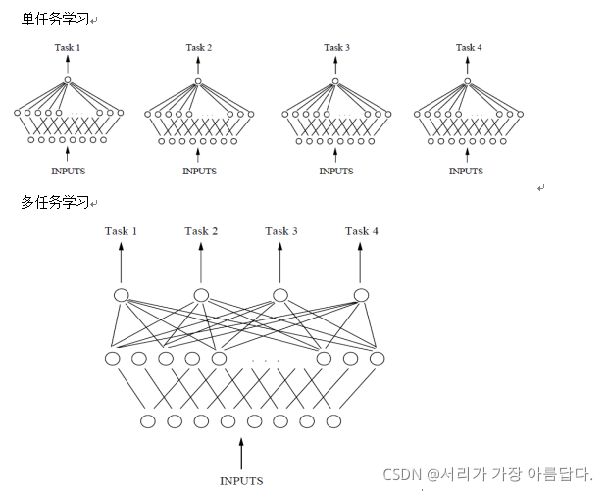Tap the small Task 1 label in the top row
click(68, 47)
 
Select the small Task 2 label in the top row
click(199, 47)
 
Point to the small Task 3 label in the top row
click(336, 47)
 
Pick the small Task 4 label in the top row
click(467, 47)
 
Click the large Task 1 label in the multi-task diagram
click(122, 231)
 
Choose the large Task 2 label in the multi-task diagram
click(201, 231)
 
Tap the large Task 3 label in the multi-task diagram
click(281, 231)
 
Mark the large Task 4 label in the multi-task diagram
click(362, 231)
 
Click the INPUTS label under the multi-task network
click(241, 481)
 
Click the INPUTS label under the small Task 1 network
click(68, 171)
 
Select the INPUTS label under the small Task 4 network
click(466, 171)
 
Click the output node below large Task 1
click(122, 295)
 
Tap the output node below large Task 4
click(361, 295)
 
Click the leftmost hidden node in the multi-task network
click(113, 358)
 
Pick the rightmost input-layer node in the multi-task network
click(334, 421)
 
